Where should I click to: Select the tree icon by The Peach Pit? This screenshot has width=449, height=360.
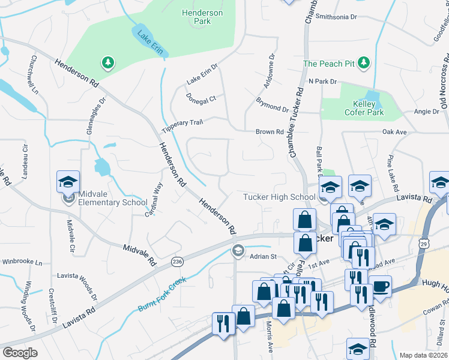[x=363, y=63]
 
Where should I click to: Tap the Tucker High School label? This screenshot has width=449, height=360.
[x=279, y=197]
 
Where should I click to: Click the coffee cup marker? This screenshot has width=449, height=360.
[x=380, y=286]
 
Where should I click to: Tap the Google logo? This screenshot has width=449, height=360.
[x=20, y=353]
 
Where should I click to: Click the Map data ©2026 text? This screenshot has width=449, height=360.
[x=423, y=355]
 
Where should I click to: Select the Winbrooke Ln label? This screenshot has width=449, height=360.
[x=22, y=262]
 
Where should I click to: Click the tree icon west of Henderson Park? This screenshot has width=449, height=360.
[x=107, y=62]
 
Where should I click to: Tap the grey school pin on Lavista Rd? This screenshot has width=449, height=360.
[x=238, y=251]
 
